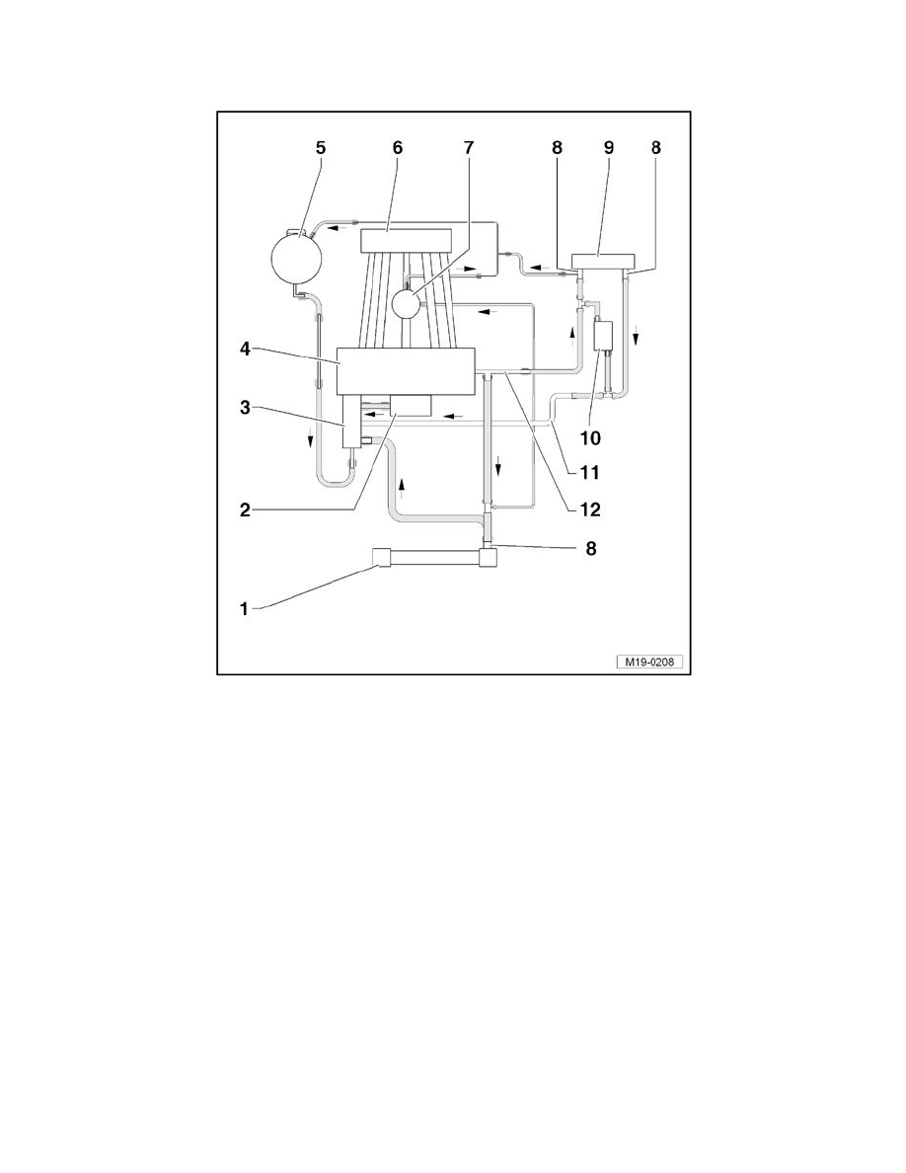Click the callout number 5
(x=321, y=147)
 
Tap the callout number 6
(x=398, y=147)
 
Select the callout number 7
(x=469, y=147)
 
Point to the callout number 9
(x=609, y=147)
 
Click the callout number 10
(x=590, y=438)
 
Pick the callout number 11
(x=590, y=473)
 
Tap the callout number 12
(x=590, y=509)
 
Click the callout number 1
(x=244, y=609)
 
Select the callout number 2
(x=245, y=510)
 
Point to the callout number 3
(x=245, y=408)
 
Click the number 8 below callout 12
(x=590, y=548)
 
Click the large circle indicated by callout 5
(x=297, y=258)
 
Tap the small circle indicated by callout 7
(x=407, y=304)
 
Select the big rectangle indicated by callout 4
(x=407, y=371)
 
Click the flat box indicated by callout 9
(x=603, y=262)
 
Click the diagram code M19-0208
(x=649, y=663)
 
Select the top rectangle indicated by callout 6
(x=408, y=241)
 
